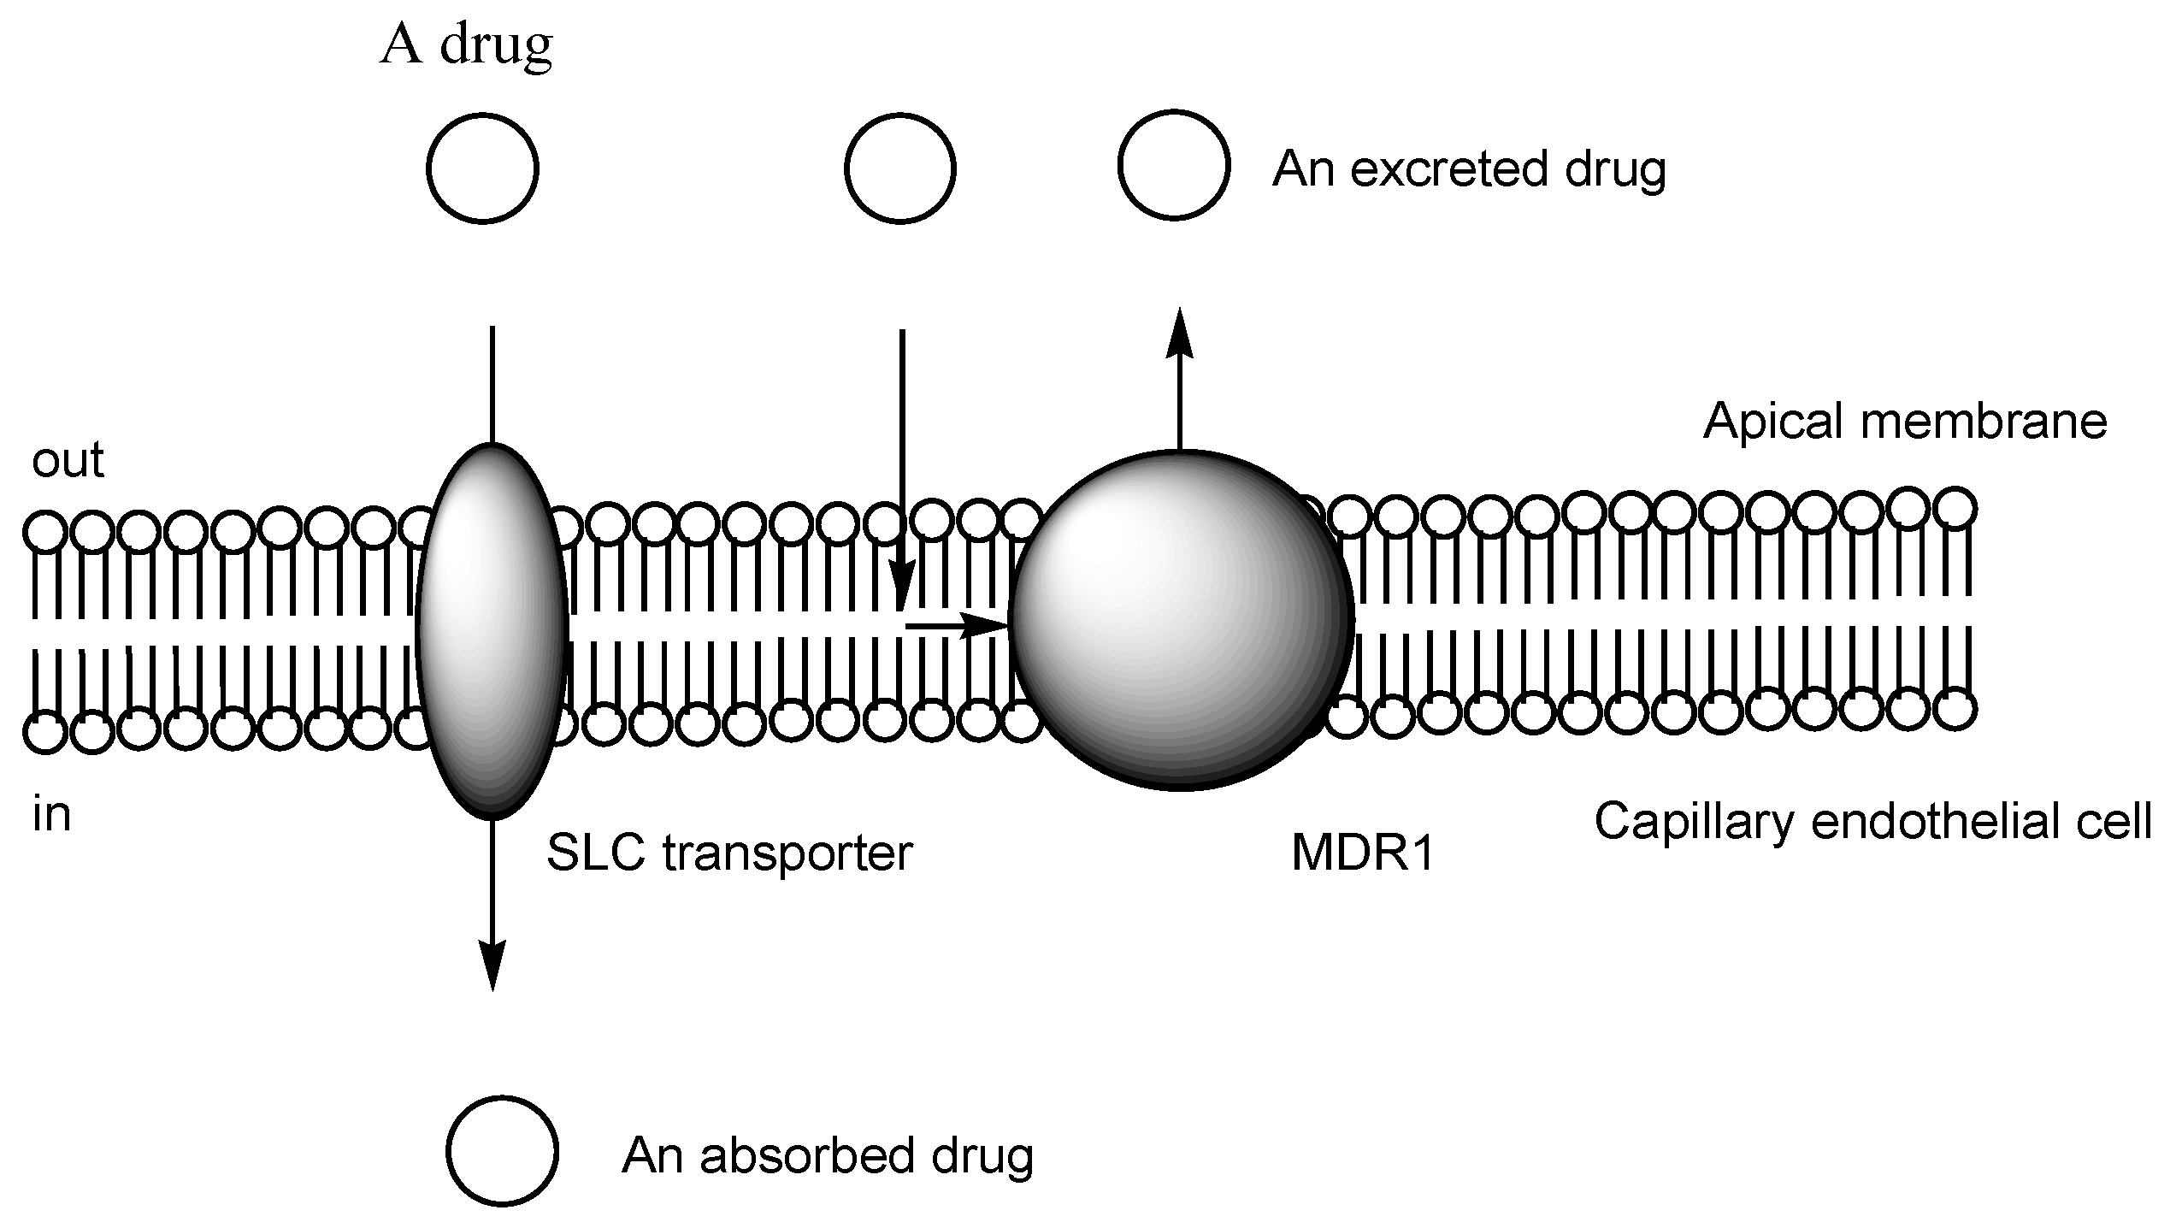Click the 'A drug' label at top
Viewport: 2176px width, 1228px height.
pyautogui.click(x=467, y=44)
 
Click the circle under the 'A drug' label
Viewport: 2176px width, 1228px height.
pyautogui.click(x=482, y=168)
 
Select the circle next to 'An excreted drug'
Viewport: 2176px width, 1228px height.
pyautogui.click(x=1174, y=165)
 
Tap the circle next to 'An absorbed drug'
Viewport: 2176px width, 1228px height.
pyautogui.click(x=502, y=1151)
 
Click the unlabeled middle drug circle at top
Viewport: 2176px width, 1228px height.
pyautogui.click(x=899, y=168)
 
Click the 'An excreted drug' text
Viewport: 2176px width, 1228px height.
pyautogui.click(x=1469, y=169)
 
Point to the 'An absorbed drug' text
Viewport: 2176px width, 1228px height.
pyautogui.click(x=828, y=1156)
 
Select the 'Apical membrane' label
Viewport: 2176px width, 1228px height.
pyautogui.click(x=1905, y=422)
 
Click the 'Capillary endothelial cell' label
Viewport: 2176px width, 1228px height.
pyautogui.click(x=1872, y=822)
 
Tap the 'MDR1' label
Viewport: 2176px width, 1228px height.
pyautogui.click(x=1362, y=853)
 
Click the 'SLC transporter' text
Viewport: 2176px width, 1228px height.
pyautogui.click(x=729, y=853)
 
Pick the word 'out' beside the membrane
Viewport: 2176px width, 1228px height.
pyautogui.click(x=68, y=460)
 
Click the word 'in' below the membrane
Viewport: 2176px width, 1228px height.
pyautogui.click(x=51, y=815)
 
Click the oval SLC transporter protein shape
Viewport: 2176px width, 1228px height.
pyautogui.click(x=492, y=630)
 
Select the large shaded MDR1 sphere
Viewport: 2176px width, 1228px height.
pyautogui.click(x=1180, y=620)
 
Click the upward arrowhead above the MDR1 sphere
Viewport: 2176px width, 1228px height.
pyautogui.click(x=1180, y=334)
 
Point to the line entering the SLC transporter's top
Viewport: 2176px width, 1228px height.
pyautogui.click(x=492, y=385)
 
